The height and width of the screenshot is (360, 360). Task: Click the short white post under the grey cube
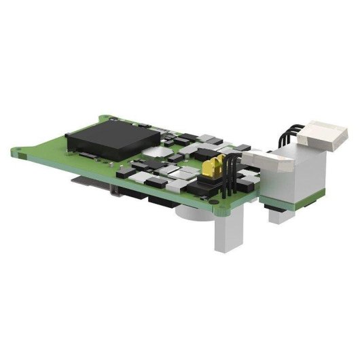click(278, 216)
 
